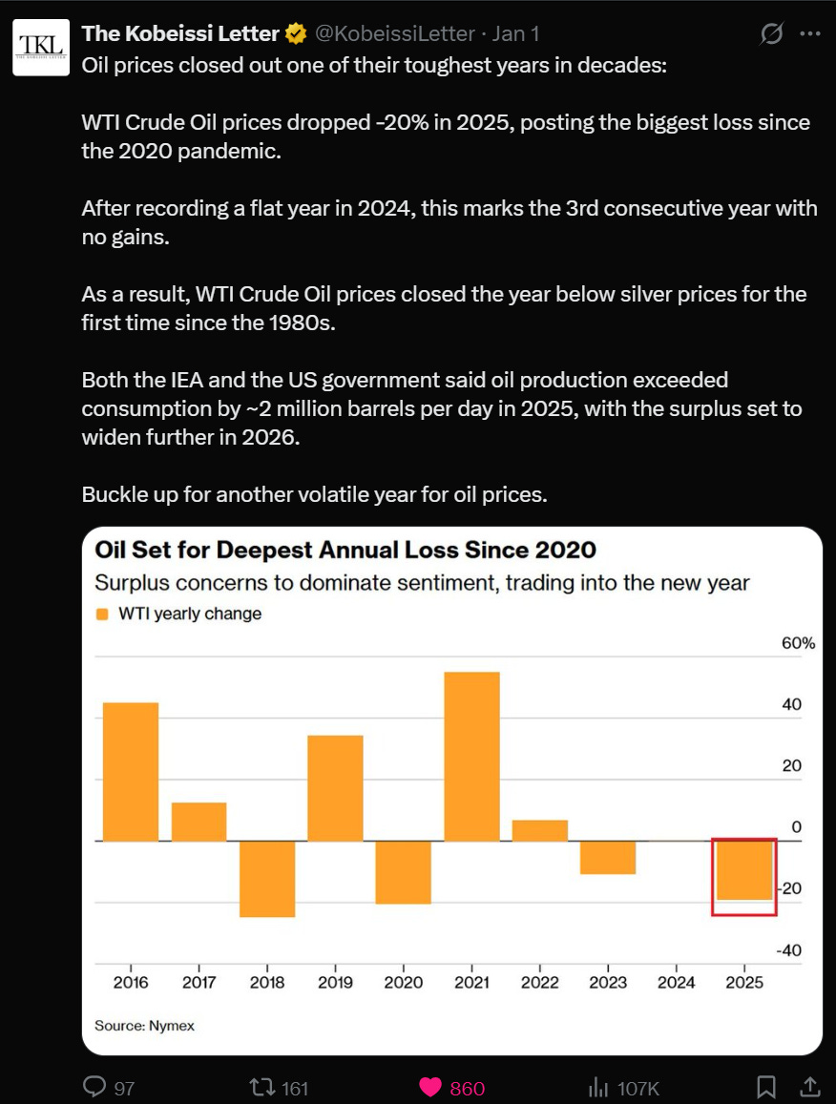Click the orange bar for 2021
(471, 756)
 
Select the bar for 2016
(131, 772)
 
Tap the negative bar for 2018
(267, 879)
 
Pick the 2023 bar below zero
(608, 858)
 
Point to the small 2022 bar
(539, 831)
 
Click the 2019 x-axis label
(335, 982)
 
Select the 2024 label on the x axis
(676, 982)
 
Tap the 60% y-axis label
(798, 643)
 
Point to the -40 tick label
(789, 950)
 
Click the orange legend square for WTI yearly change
(102, 614)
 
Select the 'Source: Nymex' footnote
(144, 1026)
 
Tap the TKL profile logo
(42, 47)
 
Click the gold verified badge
(297, 33)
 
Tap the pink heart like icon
(430, 1088)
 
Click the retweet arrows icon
(262, 1088)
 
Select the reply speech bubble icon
(94, 1087)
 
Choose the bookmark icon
(765, 1087)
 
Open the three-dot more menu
(810, 33)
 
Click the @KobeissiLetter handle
(394, 33)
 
